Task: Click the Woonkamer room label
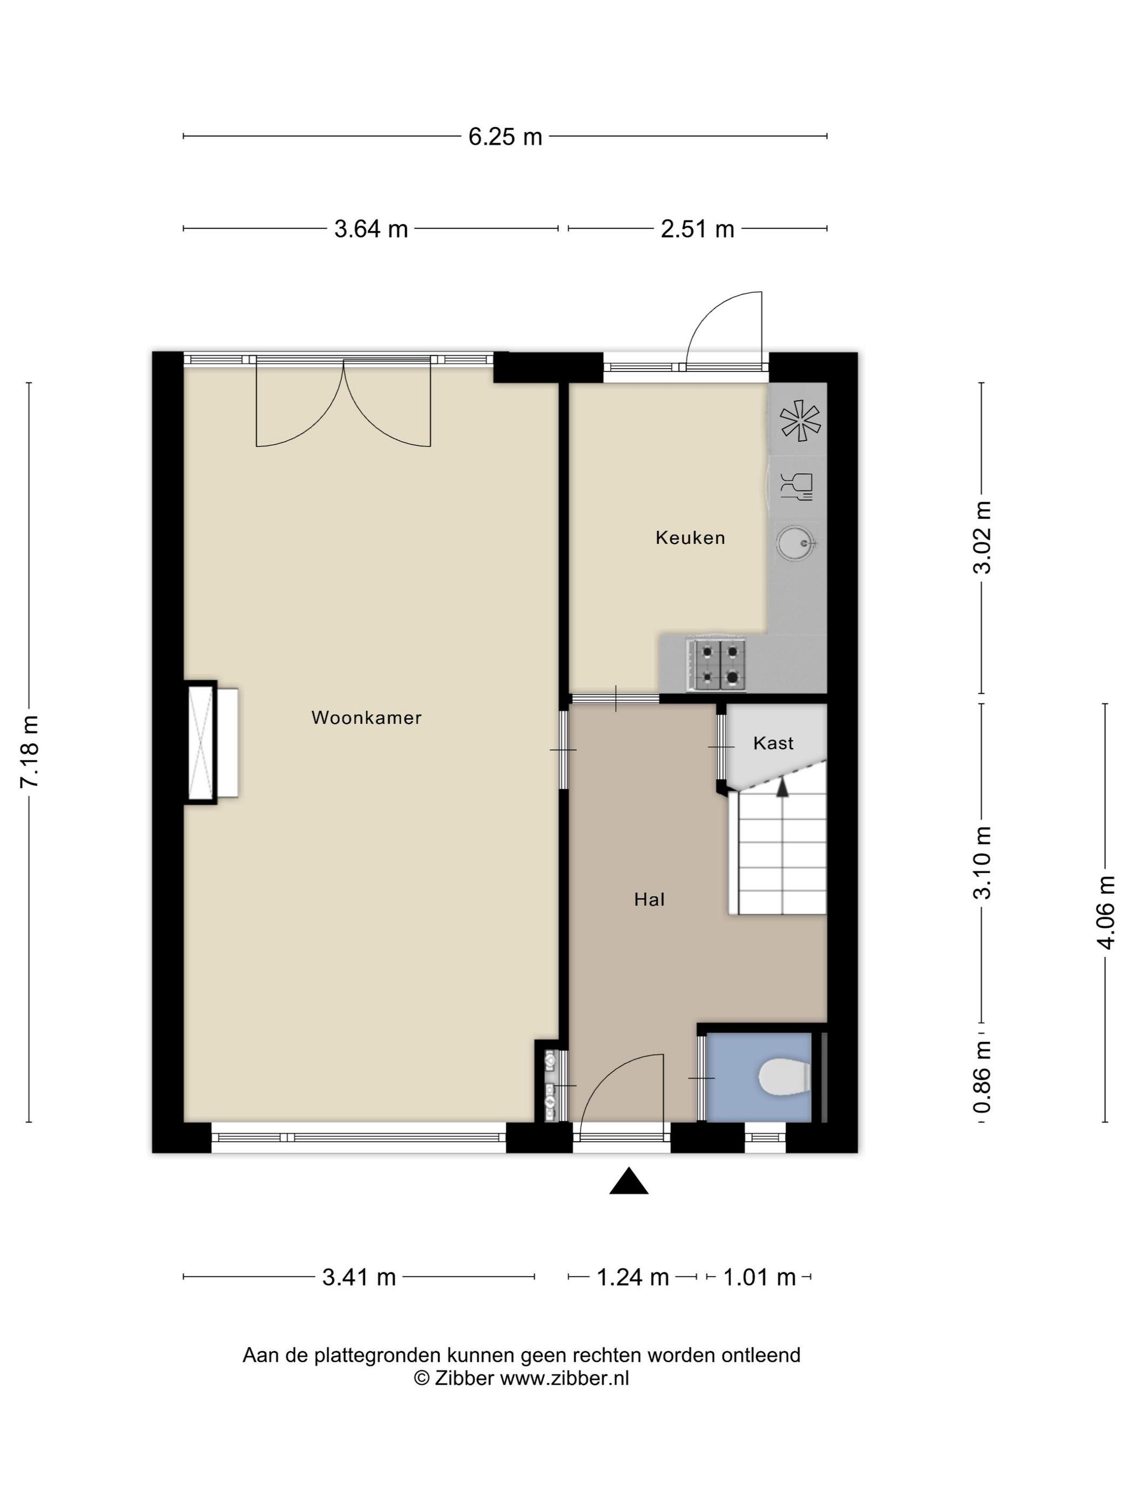click(366, 718)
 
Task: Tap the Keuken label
click(690, 538)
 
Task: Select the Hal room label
click(650, 900)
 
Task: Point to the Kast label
click(773, 743)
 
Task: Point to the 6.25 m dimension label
click(505, 137)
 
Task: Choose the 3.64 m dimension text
click(371, 229)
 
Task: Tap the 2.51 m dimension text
click(697, 229)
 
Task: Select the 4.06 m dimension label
click(1105, 913)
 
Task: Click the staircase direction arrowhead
click(782, 787)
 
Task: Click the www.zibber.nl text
click(565, 1378)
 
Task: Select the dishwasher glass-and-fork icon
click(797, 486)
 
